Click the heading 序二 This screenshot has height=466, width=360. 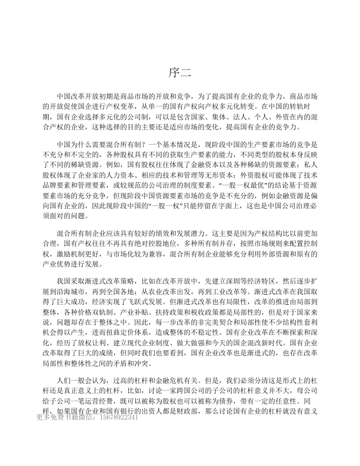point(180,72)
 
